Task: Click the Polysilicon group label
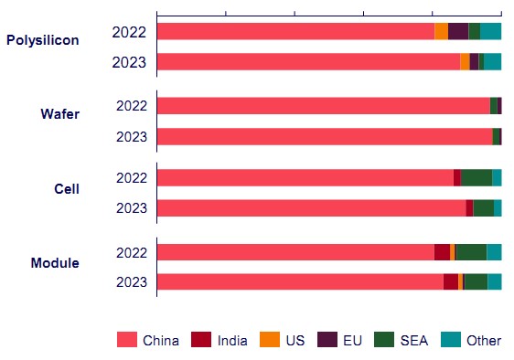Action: pyautogui.click(x=43, y=40)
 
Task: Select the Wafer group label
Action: pyautogui.click(x=60, y=114)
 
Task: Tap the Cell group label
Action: pyautogui.click(x=67, y=189)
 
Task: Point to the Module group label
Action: pyautogui.click(x=55, y=263)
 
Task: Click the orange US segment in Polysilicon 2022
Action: pyautogui.click(x=441, y=31)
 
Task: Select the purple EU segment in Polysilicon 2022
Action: pyautogui.click(x=458, y=31)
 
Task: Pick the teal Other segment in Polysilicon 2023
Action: pyautogui.click(x=492, y=61)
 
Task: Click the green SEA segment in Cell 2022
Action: pyautogui.click(x=477, y=178)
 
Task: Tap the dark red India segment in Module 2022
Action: pyautogui.click(x=443, y=252)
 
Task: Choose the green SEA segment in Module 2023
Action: pyautogui.click(x=476, y=281)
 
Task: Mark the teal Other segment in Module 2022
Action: pyautogui.click(x=494, y=252)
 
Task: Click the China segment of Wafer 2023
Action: pyautogui.click(x=325, y=136)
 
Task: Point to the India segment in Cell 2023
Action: pyautogui.click(x=469, y=208)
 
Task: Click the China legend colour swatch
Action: pyautogui.click(x=127, y=340)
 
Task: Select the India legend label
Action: pyautogui.click(x=232, y=341)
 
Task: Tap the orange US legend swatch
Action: pyautogui.click(x=270, y=340)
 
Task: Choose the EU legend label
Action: pyautogui.click(x=352, y=341)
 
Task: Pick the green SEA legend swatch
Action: pyautogui.click(x=384, y=340)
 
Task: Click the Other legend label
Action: pyautogui.click(x=484, y=341)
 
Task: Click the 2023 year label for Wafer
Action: pyautogui.click(x=132, y=136)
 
